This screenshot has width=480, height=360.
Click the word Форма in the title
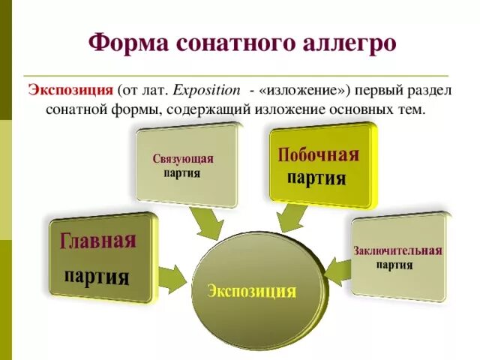(x=128, y=42)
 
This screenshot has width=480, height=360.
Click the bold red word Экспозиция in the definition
(x=70, y=89)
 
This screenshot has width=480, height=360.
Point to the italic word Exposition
(x=205, y=89)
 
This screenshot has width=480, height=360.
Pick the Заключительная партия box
(x=397, y=256)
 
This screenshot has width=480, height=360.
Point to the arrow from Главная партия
(x=172, y=277)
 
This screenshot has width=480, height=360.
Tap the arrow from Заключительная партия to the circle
(x=337, y=271)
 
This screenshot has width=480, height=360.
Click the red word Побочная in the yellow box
(x=319, y=155)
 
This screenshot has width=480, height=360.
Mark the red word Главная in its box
(x=98, y=241)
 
